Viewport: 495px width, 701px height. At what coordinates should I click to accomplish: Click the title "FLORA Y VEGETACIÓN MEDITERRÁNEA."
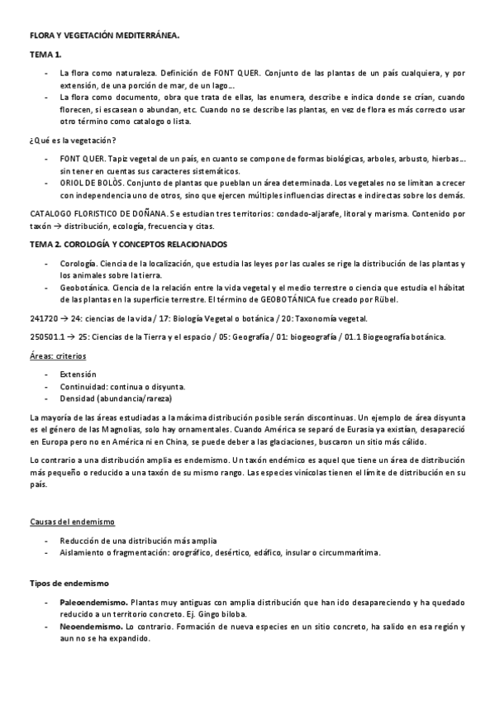pyautogui.click(x=103, y=36)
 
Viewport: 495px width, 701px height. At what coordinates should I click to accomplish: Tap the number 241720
pyautogui.click(x=43, y=317)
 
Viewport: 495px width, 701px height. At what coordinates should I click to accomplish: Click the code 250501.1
pyautogui.click(x=46, y=336)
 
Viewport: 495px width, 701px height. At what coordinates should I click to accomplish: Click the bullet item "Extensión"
pyautogui.click(x=78, y=374)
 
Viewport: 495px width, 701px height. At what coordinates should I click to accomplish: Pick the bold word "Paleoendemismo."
pyautogui.click(x=93, y=602)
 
